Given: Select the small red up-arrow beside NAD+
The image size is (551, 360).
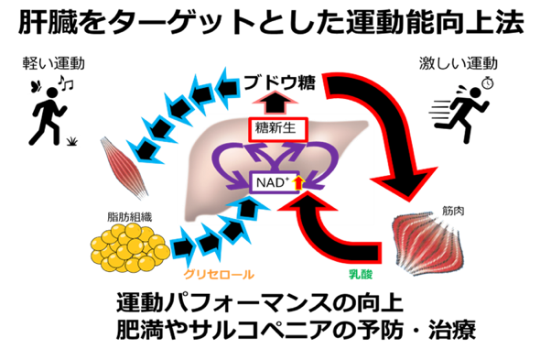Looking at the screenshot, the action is pyautogui.click(x=298, y=182).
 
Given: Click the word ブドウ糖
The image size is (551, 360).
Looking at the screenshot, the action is pyautogui.click(x=279, y=83).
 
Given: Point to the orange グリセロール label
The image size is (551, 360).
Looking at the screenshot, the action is pyautogui.click(x=219, y=274).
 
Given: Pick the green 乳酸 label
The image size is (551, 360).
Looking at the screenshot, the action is pyautogui.click(x=361, y=274).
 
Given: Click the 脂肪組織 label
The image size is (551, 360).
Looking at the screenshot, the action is pyautogui.click(x=130, y=217).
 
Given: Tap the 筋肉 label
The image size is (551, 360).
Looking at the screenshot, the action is pyautogui.click(x=453, y=211).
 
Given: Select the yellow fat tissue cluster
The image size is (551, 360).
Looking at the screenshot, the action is pyautogui.click(x=130, y=247).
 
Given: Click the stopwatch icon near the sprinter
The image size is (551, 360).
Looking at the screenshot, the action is pyautogui.click(x=488, y=83).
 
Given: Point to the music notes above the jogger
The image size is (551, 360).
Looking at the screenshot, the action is pyautogui.click(x=65, y=82).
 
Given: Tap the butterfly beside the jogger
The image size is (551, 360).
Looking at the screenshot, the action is pyautogui.click(x=37, y=86).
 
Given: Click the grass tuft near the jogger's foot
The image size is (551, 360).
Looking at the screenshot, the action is pyautogui.click(x=71, y=141).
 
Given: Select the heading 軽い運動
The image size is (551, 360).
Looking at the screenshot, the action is pyautogui.click(x=53, y=63).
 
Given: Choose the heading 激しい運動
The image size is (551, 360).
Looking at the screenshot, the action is pyautogui.click(x=459, y=63).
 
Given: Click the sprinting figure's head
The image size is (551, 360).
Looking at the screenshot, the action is pyautogui.click(x=475, y=93).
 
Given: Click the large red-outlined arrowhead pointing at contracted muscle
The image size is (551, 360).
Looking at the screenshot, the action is pyautogui.click(x=405, y=183).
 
